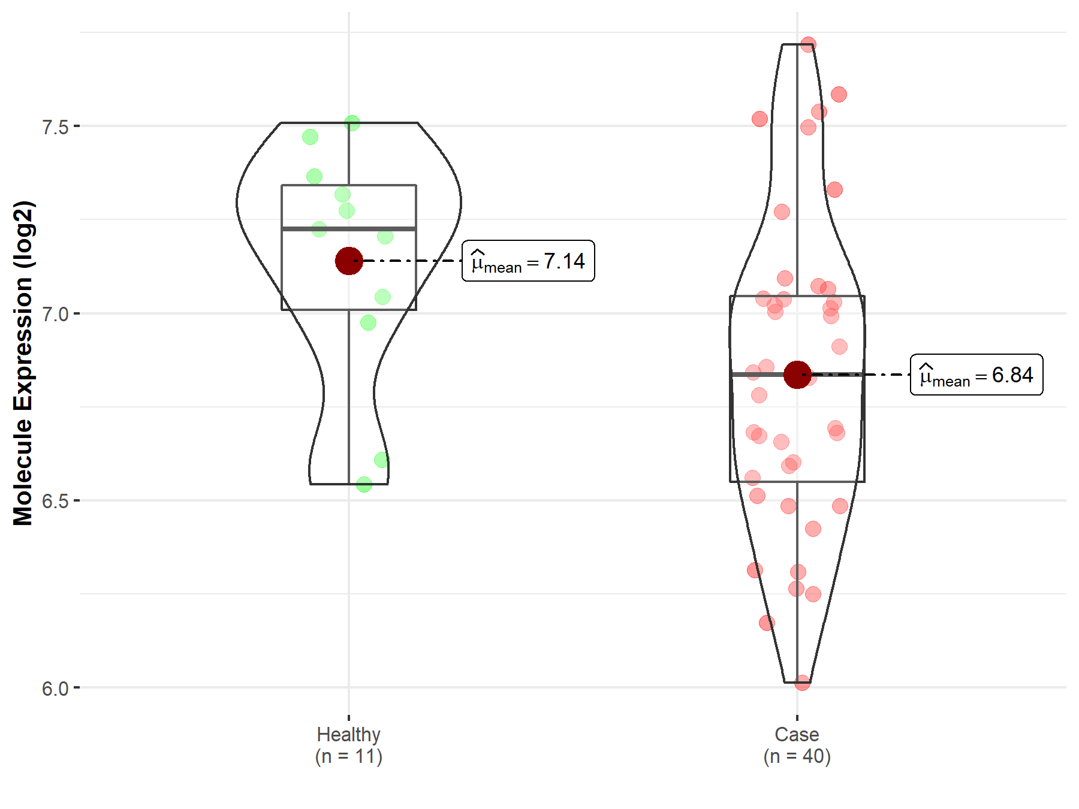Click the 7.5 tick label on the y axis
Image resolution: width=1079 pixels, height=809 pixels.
pyautogui.click(x=55, y=127)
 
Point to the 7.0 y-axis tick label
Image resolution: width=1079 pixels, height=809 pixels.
pyautogui.click(x=55, y=314)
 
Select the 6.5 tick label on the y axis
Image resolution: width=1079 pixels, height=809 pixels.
pyautogui.click(x=55, y=501)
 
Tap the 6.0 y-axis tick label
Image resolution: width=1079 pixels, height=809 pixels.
pyautogui.click(x=55, y=689)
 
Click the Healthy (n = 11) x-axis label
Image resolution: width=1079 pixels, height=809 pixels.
pyautogui.click(x=349, y=745)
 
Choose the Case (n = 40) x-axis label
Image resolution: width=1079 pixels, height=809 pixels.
pyautogui.click(x=797, y=745)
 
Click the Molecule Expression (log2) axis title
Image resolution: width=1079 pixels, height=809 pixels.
pyautogui.click(x=23, y=363)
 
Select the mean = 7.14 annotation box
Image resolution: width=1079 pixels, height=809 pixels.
pyautogui.click(x=528, y=261)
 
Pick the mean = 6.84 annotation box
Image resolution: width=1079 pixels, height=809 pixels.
pyautogui.click(x=976, y=375)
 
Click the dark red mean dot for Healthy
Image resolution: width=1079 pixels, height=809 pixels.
pyautogui.click(x=349, y=261)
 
